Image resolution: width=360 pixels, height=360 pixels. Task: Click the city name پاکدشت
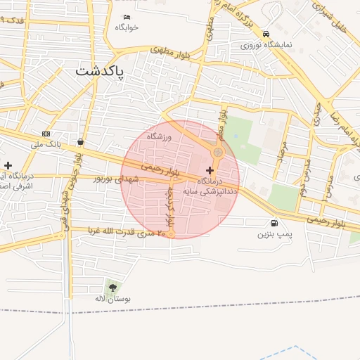(x=98, y=71)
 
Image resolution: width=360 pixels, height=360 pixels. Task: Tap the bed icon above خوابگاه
(x=127, y=17)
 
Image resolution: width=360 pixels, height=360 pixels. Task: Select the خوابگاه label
(x=127, y=27)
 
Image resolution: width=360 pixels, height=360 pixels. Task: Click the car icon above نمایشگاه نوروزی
(x=265, y=34)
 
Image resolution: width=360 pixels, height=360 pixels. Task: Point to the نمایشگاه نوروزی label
(x=265, y=44)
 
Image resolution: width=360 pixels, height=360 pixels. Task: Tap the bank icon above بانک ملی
(x=46, y=134)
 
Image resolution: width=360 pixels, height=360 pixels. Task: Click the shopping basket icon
(x=81, y=141)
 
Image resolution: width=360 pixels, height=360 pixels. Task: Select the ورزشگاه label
(x=160, y=136)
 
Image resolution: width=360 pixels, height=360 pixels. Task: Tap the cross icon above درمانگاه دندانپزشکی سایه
(x=210, y=170)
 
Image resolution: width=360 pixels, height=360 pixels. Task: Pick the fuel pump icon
(x=273, y=223)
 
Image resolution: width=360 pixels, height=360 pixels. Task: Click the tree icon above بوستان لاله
(x=112, y=287)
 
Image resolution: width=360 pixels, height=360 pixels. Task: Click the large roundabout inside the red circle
(x=218, y=152)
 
